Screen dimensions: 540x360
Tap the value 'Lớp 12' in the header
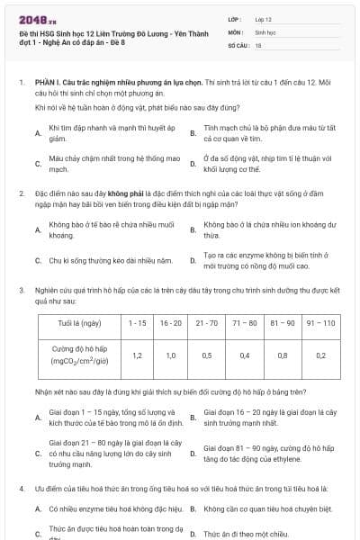pos(264,18)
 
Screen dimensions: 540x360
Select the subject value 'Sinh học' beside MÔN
pos(265,31)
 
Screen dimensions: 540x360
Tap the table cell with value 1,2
pos(137,355)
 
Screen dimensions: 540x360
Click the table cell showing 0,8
pos(283,355)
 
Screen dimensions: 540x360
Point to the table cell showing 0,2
pos(320,355)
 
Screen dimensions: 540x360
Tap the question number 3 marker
pos(21,290)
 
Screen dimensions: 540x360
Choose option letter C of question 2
pos(38,261)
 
